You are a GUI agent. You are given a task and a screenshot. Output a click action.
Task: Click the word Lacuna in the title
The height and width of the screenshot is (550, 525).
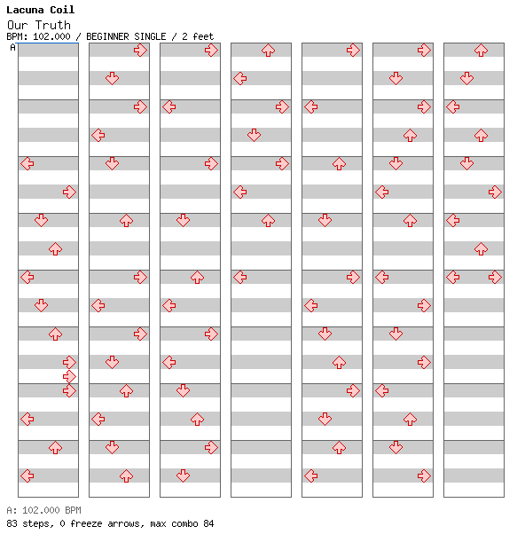tap(25, 10)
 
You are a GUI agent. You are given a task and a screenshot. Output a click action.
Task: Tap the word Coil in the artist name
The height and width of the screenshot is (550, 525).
tap(62, 10)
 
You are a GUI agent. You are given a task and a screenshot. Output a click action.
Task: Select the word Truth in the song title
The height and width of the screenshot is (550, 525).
tap(53, 25)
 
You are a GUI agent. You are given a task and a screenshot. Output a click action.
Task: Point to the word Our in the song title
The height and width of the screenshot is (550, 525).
tap(17, 25)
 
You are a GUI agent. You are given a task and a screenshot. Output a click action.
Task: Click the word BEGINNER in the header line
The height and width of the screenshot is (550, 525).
tap(107, 36)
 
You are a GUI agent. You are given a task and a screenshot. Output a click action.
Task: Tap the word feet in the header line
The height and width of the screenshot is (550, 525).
tap(203, 36)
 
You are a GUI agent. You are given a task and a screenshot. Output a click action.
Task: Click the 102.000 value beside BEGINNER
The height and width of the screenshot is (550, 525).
tap(51, 36)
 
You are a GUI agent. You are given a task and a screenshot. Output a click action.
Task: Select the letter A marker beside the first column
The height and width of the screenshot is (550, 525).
tap(13, 47)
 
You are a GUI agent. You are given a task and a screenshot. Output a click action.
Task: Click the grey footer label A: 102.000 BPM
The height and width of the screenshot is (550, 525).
tap(43, 510)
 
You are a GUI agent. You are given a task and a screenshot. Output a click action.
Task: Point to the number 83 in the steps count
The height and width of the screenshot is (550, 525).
tap(12, 523)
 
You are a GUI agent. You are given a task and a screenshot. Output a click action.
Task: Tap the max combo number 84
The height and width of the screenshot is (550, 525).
tap(208, 523)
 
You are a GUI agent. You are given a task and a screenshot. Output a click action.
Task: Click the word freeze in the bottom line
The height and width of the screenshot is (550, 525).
tap(86, 523)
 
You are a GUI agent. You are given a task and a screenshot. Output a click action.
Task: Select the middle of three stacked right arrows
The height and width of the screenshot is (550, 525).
tap(69, 376)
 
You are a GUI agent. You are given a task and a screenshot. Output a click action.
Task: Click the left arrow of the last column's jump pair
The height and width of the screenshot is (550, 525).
tap(453, 277)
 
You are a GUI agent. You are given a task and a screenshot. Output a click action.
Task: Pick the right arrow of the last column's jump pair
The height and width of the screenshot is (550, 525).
tap(495, 277)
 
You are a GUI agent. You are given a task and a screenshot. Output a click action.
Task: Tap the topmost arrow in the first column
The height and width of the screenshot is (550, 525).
tap(27, 163)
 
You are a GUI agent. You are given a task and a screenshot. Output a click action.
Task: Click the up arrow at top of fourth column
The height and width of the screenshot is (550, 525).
tap(269, 51)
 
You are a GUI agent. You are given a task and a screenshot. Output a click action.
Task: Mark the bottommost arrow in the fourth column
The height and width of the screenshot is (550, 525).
tap(239, 277)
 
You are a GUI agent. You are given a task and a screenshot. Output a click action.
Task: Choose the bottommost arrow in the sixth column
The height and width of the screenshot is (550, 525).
tap(425, 476)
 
